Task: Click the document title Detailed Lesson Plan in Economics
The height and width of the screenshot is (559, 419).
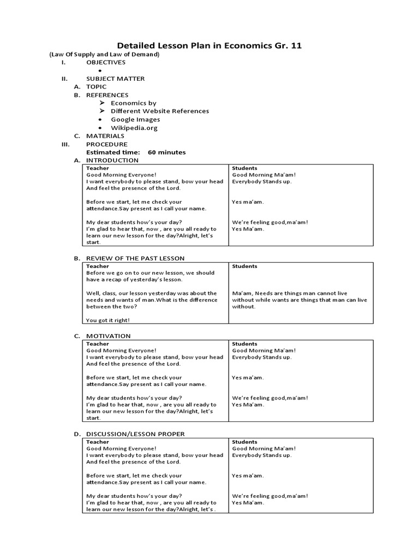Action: click(x=209, y=46)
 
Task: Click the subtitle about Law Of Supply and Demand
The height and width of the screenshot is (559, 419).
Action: click(x=104, y=55)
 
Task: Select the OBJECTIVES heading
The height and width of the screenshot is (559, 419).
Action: click(x=106, y=62)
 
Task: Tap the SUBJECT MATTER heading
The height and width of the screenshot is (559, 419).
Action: click(x=116, y=79)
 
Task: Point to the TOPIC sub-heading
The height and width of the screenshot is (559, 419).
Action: click(x=96, y=87)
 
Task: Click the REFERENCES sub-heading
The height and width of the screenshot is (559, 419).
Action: click(x=107, y=95)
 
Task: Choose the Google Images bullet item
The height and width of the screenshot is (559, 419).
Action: click(x=135, y=120)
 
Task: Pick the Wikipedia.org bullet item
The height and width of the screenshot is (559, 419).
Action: click(x=134, y=128)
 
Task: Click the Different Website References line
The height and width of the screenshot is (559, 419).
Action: click(x=159, y=111)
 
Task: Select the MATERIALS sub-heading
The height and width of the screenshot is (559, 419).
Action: click(x=105, y=136)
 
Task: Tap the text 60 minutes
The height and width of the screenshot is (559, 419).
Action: click(x=166, y=152)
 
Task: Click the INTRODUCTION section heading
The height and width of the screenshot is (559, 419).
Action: click(x=112, y=160)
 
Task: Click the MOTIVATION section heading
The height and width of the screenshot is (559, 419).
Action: click(x=109, y=336)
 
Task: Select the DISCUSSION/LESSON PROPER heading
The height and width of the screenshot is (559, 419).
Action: click(x=135, y=434)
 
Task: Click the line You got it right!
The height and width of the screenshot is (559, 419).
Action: click(x=108, y=320)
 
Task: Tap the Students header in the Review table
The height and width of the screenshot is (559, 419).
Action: click(x=244, y=266)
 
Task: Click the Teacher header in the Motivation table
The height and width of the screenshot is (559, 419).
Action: click(x=98, y=344)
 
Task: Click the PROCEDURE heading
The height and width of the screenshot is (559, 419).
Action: click(x=107, y=144)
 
